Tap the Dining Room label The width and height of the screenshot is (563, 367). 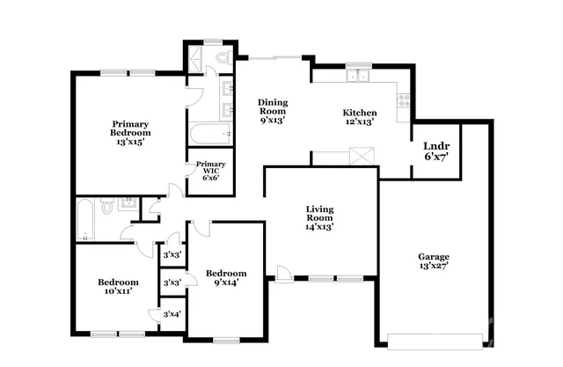coord(273,112)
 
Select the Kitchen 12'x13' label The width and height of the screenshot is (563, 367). coord(360,118)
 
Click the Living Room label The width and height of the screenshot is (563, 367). coord(319,217)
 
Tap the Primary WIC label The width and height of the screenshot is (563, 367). coord(209,170)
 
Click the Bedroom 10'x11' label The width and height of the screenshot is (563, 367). coord(117,287)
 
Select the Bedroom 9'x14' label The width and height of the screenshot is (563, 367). coord(226,277)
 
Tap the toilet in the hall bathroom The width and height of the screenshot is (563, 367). coord(106,208)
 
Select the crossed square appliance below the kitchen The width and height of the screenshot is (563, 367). coord(357,157)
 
